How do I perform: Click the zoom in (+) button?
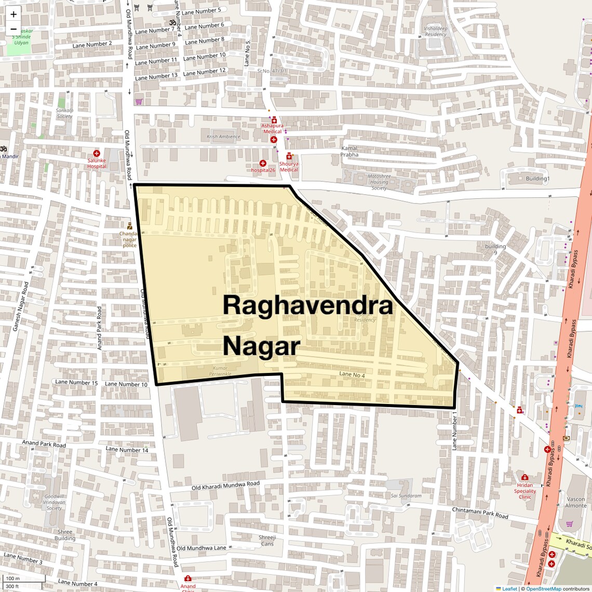click(x=14, y=15)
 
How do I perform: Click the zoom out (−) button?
click(x=14, y=29)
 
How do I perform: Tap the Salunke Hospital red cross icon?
click(x=97, y=153)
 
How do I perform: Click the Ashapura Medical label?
click(x=272, y=128)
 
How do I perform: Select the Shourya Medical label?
click(x=289, y=167)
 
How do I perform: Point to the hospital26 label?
click(x=263, y=170)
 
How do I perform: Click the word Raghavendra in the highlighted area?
click(x=307, y=305)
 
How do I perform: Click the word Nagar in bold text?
click(x=262, y=346)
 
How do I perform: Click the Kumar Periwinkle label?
click(x=220, y=371)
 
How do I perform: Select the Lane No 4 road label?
click(x=352, y=374)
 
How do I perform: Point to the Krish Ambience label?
click(x=223, y=137)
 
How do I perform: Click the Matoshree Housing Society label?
click(x=379, y=182)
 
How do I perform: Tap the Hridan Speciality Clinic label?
click(x=525, y=491)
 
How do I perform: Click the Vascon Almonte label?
click(x=576, y=502)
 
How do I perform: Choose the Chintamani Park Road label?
click(x=480, y=513)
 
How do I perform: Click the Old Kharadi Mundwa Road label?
click(x=225, y=486)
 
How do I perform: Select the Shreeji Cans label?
click(x=267, y=541)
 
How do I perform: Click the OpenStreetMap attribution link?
click(x=544, y=589)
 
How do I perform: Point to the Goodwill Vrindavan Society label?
click(x=55, y=502)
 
